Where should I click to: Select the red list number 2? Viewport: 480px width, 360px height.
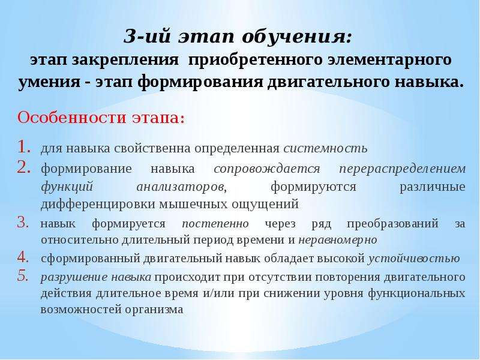pyautogui.click(x=24, y=167)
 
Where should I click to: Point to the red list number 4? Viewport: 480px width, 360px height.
pyautogui.click(x=23, y=257)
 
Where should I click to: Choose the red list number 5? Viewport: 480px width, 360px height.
pyautogui.click(x=23, y=276)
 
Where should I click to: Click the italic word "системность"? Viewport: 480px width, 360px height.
pyautogui.click(x=325, y=148)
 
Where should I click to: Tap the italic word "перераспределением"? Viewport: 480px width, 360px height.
pyautogui.click(x=402, y=169)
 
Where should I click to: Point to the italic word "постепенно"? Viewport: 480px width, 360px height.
pyautogui.click(x=215, y=224)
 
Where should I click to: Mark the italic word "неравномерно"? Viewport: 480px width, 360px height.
pyautogui.click(x=338, y=240)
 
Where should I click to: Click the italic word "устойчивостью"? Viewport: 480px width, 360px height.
pyautogui.click(x=414, y=259)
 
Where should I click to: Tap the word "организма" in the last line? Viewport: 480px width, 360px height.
pyautogui.click(x=154, y=310)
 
